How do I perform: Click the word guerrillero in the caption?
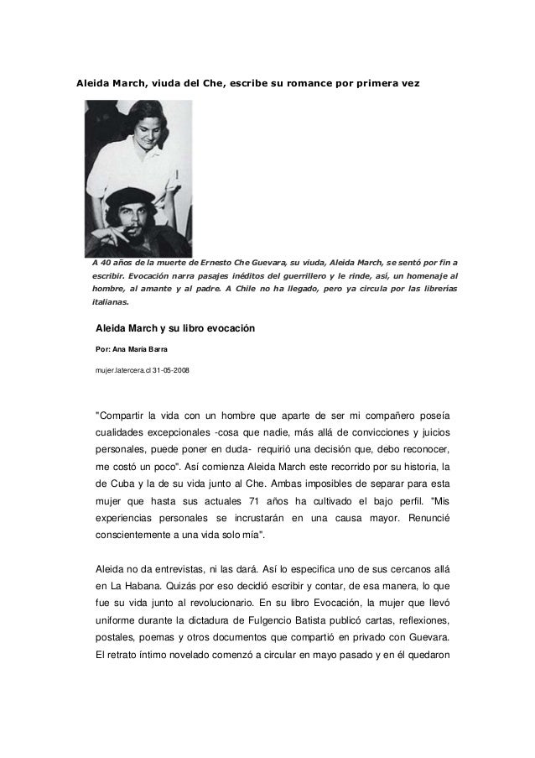(318, 274)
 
